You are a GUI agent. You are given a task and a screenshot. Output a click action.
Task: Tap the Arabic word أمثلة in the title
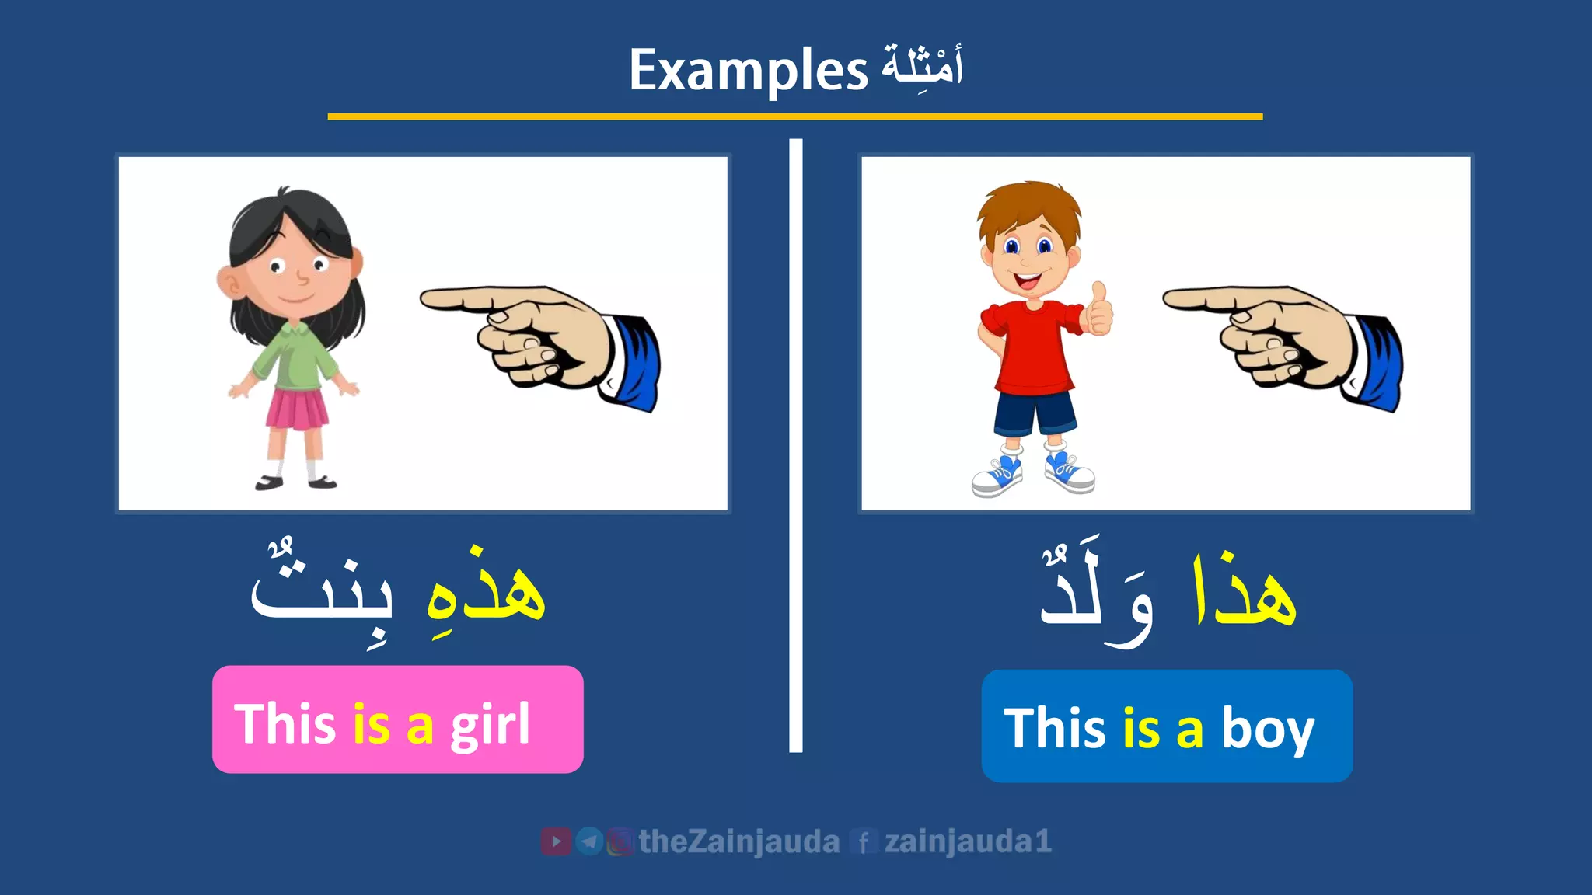tap(922, 65)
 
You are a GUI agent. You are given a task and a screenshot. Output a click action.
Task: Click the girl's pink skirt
tap(297, 409)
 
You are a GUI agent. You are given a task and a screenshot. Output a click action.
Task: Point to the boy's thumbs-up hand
tap(1098, 310)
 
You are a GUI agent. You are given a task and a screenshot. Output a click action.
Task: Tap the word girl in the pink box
tap(490, 725)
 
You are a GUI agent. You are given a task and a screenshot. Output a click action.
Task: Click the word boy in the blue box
tap(1267, 730)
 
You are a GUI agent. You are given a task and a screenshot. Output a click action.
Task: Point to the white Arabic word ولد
tap(1096, 594)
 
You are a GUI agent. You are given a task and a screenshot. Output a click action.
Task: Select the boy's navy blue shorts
tap(1035, 412)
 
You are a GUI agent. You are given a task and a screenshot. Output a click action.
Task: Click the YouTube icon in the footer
tap(555, 841)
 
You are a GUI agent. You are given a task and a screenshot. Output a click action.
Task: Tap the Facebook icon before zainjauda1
tap(863, 842)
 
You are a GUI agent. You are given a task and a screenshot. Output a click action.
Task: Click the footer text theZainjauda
tap(738, 842)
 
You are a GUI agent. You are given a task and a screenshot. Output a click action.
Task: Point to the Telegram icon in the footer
tap(589, 841)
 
